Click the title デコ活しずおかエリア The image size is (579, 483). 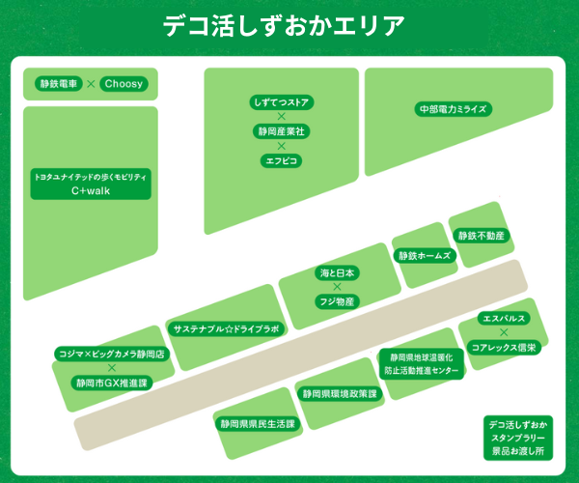click(289, 26)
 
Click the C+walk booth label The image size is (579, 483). click(90, 184)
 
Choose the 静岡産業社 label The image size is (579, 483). click(281, 129)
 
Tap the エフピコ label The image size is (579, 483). click(281, 158)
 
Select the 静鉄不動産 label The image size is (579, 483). click(481, 236)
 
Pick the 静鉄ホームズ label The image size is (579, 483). click(425, 256)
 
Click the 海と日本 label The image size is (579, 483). click(338, 273)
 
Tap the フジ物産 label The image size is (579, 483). click(338, 301)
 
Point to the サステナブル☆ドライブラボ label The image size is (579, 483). click(226, 328)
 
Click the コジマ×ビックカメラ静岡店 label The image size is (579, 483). click(112, 355)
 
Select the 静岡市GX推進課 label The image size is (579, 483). click(112, 383)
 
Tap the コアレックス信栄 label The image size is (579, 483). click(503, 346)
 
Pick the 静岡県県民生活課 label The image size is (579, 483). click(256, 423)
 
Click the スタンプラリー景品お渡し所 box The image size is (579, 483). click(518, 438)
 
